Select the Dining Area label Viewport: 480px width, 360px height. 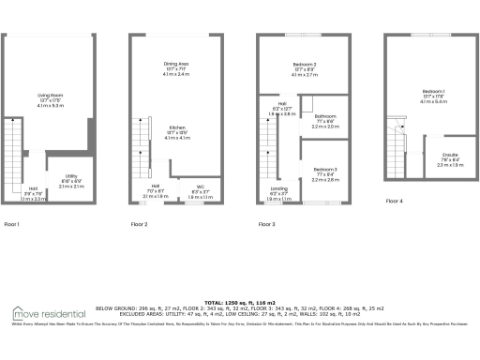coord(176,63)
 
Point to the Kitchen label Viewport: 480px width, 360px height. coord(176,127)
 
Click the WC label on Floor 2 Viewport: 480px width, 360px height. coord(200,187)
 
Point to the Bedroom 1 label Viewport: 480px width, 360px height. coord(432,90)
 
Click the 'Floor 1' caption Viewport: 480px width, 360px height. coord(12,225)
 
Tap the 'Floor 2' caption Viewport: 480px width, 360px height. coord(140,225)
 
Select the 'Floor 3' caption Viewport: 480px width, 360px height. coord(267,225)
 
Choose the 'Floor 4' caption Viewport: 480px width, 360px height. coord(395,201)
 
